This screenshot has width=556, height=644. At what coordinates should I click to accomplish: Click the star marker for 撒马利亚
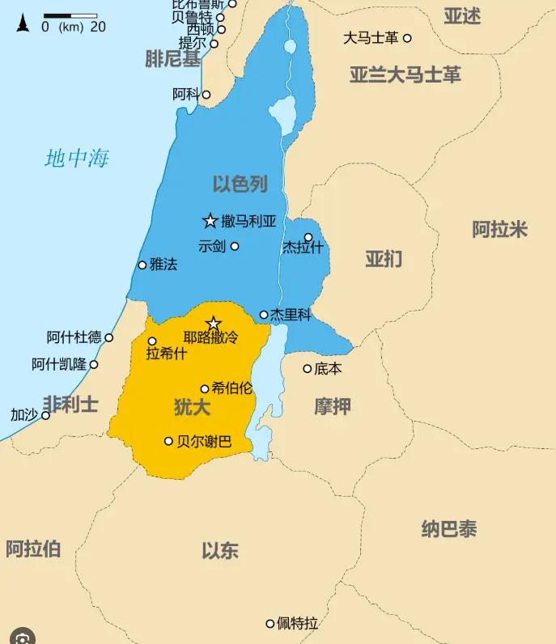click(210, 221)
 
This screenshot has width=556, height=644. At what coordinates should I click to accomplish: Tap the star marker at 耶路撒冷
click(214, 324)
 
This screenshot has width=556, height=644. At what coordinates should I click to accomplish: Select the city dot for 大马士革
click(407, 38)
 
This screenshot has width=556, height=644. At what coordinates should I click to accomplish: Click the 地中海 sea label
click(77, 159)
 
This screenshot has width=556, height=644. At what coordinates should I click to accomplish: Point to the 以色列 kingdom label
click(240, 184)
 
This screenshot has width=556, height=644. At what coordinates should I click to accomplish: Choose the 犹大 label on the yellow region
click(193, 407)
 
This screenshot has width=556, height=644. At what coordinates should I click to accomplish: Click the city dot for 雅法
click(142, 265)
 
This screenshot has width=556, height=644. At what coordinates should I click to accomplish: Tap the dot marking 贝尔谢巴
click(168, 441)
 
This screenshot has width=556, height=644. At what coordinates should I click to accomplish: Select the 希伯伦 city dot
click(205, 389)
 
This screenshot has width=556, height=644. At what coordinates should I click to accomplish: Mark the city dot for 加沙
click(46, 415)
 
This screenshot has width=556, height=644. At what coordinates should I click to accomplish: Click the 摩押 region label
click(333, 406)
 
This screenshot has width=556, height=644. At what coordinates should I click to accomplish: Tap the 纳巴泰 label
click(449, 529)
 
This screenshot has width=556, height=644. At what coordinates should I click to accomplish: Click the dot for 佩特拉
click(270, 623)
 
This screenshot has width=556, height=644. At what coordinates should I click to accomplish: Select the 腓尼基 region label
click(172, 58)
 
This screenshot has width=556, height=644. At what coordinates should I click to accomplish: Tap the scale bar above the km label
click(70, 15)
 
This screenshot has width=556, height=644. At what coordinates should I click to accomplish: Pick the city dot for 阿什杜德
click(109, 337)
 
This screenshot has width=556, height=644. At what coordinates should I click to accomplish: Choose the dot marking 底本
click(308, 369)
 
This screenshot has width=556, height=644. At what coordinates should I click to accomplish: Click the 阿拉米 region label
click(499, 229)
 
